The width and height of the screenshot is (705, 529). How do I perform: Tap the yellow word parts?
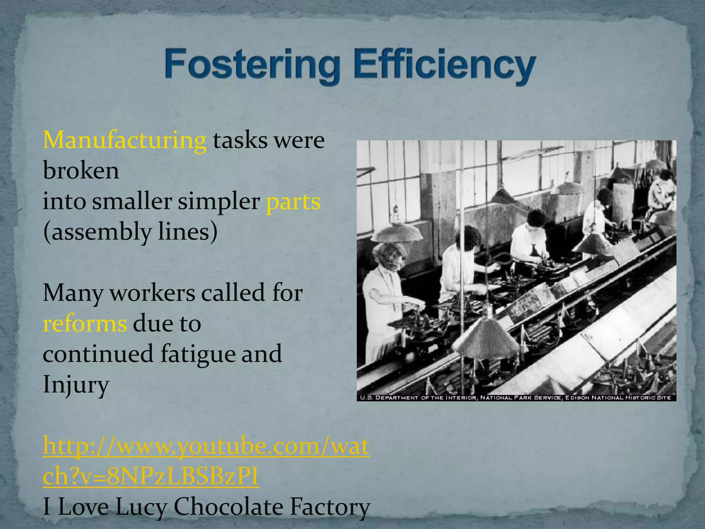point(293,202)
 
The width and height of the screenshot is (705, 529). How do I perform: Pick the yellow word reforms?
point(85,324)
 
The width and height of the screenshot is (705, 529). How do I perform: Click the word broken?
point(81,170)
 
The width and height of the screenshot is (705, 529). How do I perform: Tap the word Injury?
point(76,385)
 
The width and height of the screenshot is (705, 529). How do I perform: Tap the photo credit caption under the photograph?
point(516,398)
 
